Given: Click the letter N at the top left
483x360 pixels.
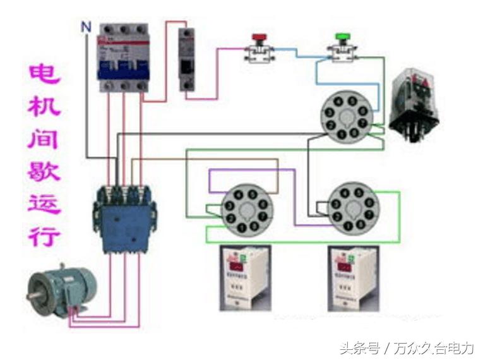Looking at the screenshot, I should pyautogui.click(x=85, y=26).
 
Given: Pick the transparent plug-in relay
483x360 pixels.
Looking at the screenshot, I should pyautogui.click(x=414, y=104).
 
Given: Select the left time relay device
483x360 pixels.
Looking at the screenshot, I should pyautogui.click(x=245, y=277).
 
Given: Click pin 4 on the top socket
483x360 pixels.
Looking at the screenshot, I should pyautogui.click(x=339, y=101).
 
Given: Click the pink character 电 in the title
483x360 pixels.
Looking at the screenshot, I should pyautogui.click(x=45, y=75).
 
